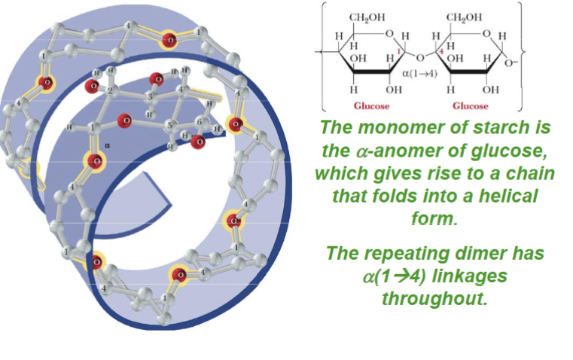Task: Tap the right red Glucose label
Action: coord(471,105)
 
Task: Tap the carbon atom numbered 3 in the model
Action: coord(150,98)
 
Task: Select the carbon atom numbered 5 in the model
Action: coord(169,125)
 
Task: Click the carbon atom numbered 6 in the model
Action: coord(198,122)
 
